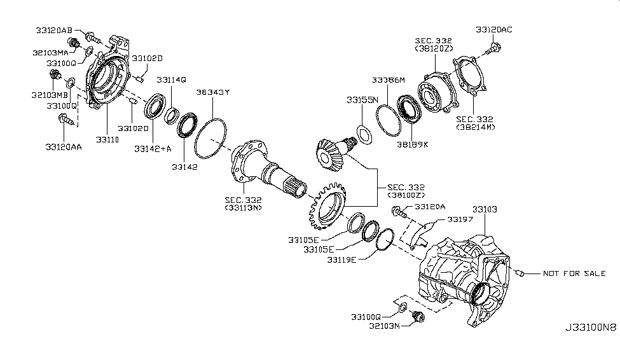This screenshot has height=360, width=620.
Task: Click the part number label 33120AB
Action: point(54,29)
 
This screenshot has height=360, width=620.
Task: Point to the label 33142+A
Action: point(153,149)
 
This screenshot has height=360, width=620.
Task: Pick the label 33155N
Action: point(362,100)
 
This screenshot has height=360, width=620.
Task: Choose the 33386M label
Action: point(388,80)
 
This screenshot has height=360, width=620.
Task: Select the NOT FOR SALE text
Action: point(574,273)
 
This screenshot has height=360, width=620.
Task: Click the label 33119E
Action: point(342,260)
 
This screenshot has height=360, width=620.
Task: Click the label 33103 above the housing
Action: point(485,209)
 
